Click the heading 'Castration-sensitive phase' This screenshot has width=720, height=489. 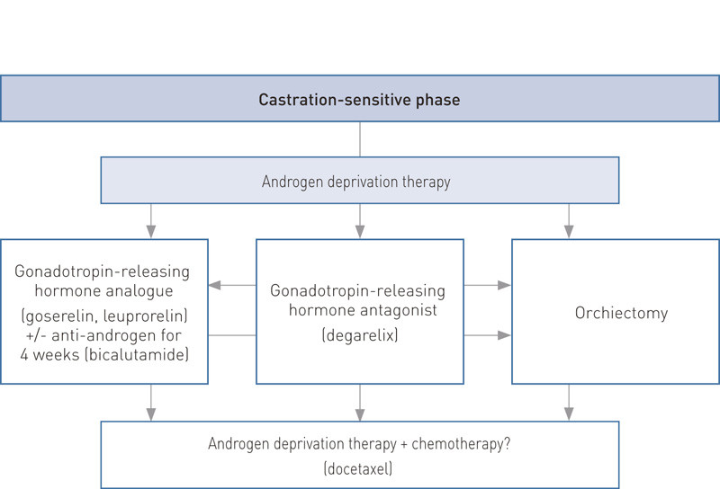tap(359, 100)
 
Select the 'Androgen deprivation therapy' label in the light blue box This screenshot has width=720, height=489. tap(355, 182)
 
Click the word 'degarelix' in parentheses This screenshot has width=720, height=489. tap(359, 335)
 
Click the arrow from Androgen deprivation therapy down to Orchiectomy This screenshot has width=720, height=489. tap(568, 220)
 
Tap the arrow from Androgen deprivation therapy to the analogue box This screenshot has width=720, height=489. tap(151, 220)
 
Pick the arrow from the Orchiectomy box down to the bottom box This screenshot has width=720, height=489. tap(568, 402)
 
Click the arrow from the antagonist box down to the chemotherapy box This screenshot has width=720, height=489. tap(360, 402)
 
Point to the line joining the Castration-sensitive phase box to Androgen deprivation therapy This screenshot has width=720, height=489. tap(360, 139)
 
